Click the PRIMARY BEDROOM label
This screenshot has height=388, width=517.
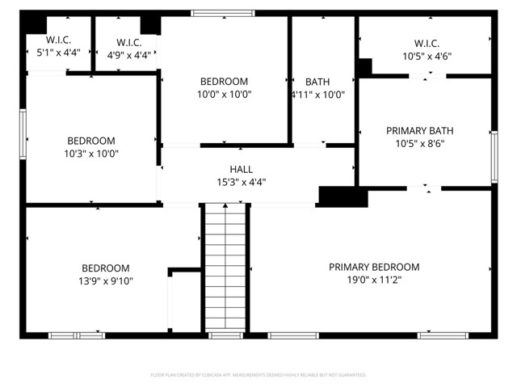(374, 267)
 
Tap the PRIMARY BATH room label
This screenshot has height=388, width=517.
(419, 130)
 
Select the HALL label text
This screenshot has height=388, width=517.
(241, 169)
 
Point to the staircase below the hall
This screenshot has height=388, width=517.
(225, 267)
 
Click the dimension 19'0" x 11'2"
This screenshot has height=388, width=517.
(374, 280)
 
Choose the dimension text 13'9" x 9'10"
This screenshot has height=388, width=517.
(105, 281)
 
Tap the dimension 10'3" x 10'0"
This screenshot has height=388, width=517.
(90, 154)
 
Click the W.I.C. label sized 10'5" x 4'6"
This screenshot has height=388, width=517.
(426, 43)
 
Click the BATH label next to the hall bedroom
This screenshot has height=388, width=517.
(317, 82)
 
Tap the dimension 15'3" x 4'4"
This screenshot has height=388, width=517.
(241, 182)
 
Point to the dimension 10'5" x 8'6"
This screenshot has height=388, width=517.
(419, 144)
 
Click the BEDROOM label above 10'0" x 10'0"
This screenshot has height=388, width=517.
(224, 82)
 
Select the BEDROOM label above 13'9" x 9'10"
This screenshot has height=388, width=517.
(105, 268)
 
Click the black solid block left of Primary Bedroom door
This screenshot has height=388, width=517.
(338, 196)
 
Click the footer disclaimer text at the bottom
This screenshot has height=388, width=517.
(258, 375)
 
